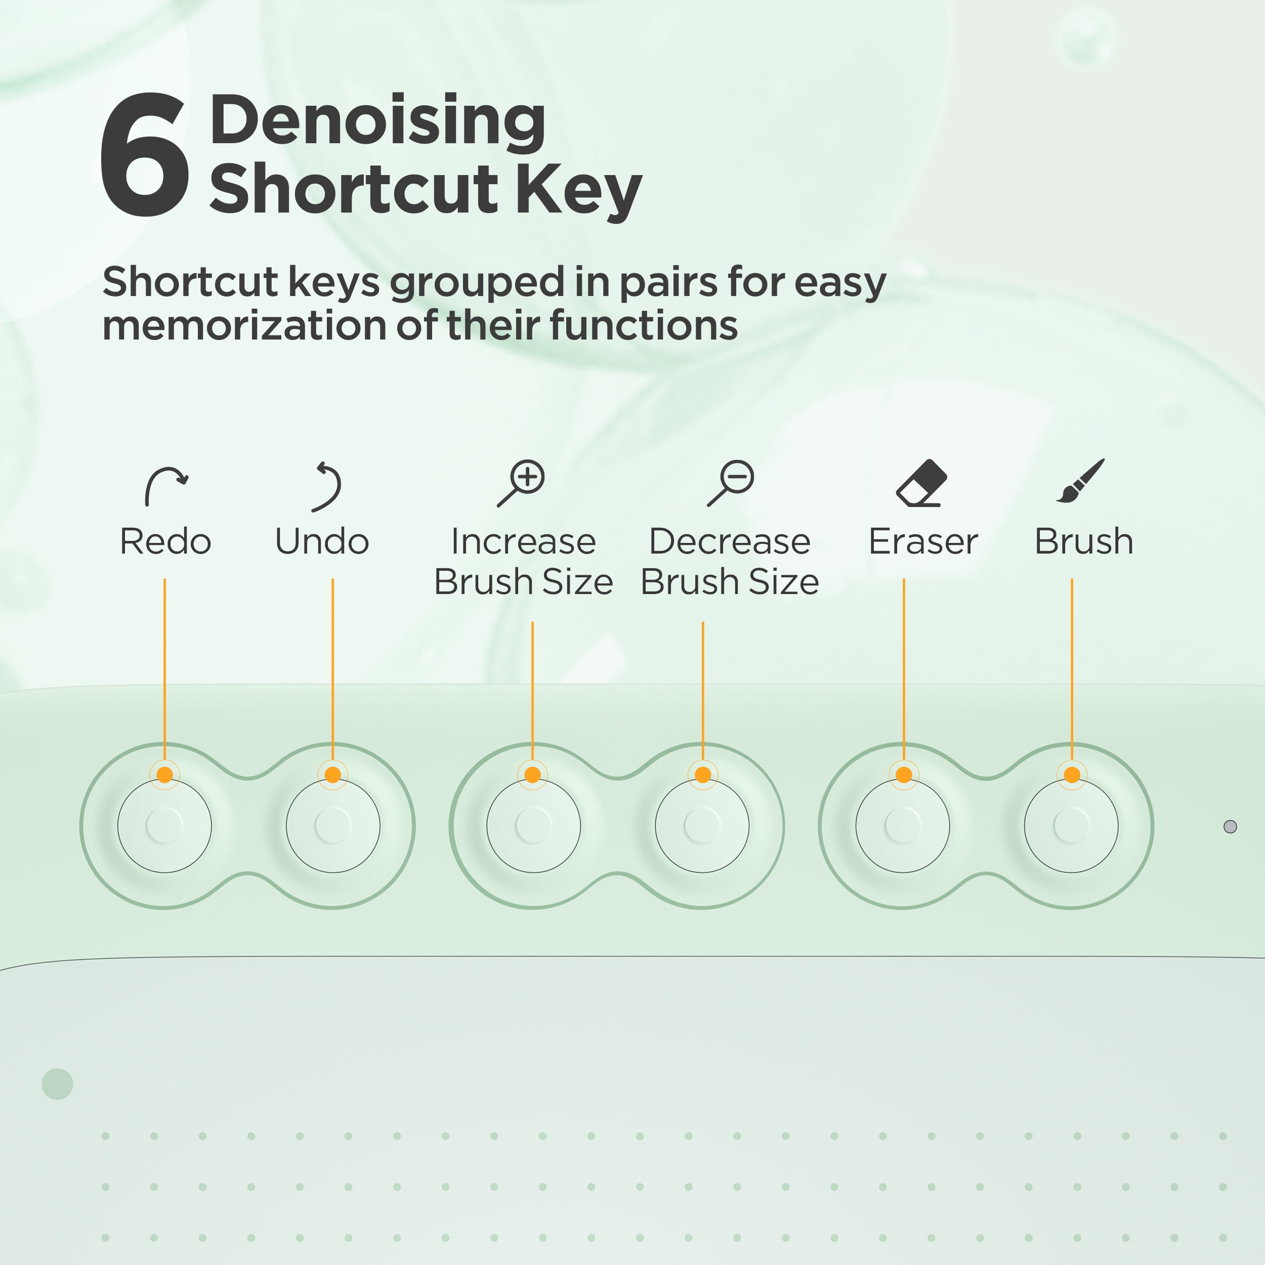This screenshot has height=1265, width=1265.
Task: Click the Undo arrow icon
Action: (x=327, y=486)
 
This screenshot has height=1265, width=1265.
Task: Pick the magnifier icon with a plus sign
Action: (x=521, y=483)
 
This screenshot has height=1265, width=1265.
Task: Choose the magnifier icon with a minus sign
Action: (x=731, y=483)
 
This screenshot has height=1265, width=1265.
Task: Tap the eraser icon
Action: (x=921, y=483)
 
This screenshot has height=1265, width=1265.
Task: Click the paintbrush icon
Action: (x=1080, y=481)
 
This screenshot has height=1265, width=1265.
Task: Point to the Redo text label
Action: (x=165, y=541)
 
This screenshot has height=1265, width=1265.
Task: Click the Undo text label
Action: (x=322, y=541)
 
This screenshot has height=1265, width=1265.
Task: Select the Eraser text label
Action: (x=923, y=541)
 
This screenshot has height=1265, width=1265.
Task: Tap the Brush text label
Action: (x=1084, y=541)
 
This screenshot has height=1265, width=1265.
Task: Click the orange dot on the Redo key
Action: (x=165, y=775)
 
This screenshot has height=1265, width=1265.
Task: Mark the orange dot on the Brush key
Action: (x=1072, y=775)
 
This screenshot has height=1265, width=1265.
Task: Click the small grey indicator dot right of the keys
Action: (x=1230, y=827)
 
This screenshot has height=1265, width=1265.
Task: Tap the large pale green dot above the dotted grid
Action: (x=58, y=1084)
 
